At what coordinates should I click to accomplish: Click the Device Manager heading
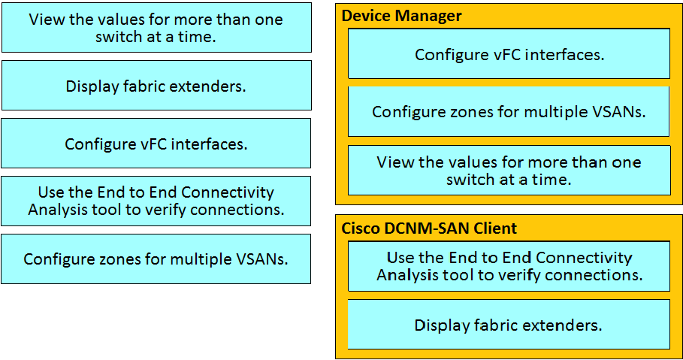pos(401,16)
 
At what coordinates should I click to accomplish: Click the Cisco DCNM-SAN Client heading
pos(429,228)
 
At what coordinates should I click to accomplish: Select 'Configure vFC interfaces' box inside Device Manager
pos(509,53)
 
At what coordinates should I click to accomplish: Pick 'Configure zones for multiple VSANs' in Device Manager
pos(509,111)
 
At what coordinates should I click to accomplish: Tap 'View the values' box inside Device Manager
pos(509,171)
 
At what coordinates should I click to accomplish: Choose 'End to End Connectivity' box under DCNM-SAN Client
pos(509,266)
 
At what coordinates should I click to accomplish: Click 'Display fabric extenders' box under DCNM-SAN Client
pos(509,324)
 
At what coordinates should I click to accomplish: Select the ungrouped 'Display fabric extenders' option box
pos(156,86)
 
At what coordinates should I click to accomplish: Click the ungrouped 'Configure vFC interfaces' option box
pos(156,144)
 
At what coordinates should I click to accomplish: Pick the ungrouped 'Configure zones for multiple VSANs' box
pos(156,259)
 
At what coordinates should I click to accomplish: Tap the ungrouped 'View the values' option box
pos(156,28)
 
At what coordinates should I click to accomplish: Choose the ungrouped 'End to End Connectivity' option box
pos(156,201)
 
